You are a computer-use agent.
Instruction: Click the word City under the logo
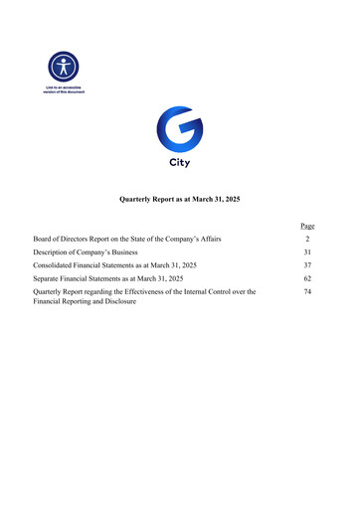tap(179, 161)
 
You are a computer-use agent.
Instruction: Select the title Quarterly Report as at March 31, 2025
tap(179, 201)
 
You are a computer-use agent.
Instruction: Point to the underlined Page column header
tap(307, 227)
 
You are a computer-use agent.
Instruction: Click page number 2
tap(308, 240)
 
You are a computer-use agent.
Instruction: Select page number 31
tap(308, 253)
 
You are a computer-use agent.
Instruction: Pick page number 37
tap(308, 266)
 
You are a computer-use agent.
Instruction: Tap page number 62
tap(308, 279)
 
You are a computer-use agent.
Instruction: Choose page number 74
tap(308, 292)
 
